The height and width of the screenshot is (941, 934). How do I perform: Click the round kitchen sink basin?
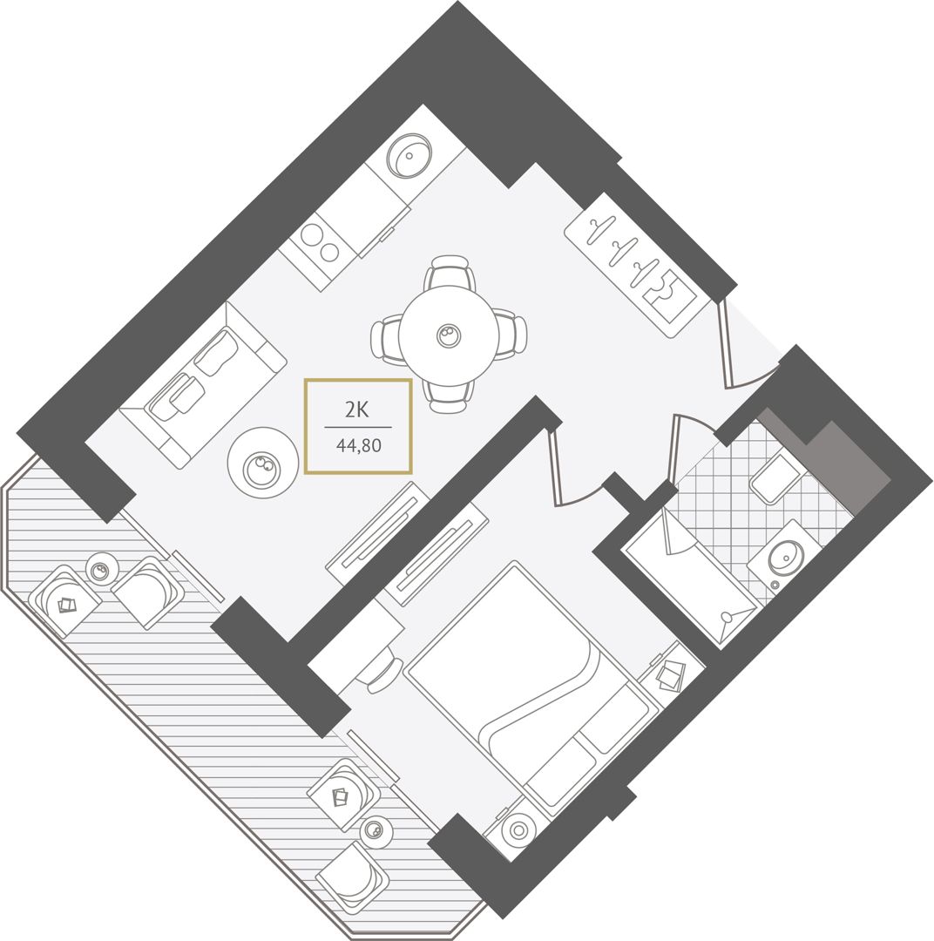[410, 155]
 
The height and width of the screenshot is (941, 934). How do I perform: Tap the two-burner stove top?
[321, 242]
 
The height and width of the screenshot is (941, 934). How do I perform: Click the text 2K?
[356, 410]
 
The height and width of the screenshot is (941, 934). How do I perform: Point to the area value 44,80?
[358, 446]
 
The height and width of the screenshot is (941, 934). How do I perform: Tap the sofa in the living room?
[203, 385]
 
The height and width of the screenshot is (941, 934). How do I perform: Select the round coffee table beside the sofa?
[263, 462]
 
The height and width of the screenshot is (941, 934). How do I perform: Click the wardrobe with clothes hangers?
[637, 265]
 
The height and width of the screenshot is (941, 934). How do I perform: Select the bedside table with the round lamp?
[518, 829]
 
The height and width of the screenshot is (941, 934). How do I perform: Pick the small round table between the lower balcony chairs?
[376, 831]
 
